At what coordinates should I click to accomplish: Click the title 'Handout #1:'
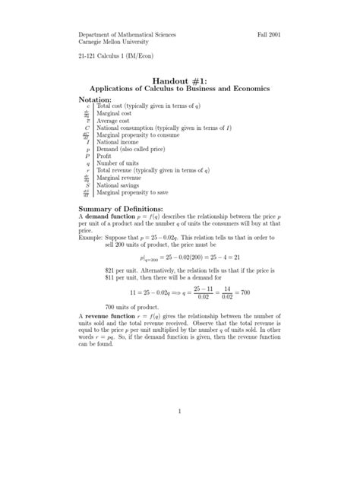pyautogui.click(x=179, y=80)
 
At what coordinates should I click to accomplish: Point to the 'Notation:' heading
pyautogui.click(x=100, y=99)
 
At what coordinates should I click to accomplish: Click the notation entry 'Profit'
pyautogui.click(x=104, y=156)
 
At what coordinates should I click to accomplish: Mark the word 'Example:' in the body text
pyautogui.click(x=92, y=237)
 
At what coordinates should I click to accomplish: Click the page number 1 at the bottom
pyautogui.click(x=180, y=412)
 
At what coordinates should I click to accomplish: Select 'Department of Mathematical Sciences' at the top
pyautogui.click(x=127, y=36)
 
